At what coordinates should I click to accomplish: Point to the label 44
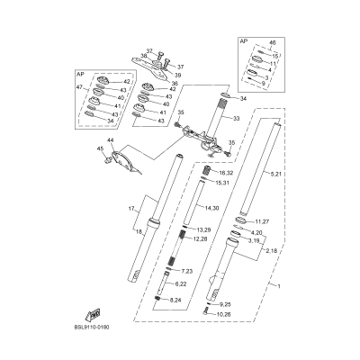[x=110, y=142]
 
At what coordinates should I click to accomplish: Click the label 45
[x=101, y=162]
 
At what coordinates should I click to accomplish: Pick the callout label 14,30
[x=212, y=233]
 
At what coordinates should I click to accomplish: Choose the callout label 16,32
[x=226, y=171]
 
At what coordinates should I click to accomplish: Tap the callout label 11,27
[x=262, y=220]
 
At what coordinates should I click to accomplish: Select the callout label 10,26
[x=224, y=315]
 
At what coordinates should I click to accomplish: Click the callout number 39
[x=178, y=76]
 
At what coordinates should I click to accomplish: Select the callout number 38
[x=142, y=56]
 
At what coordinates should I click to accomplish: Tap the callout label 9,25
[x=224, y=304]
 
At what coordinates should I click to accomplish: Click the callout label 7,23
[x=187, y=271]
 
